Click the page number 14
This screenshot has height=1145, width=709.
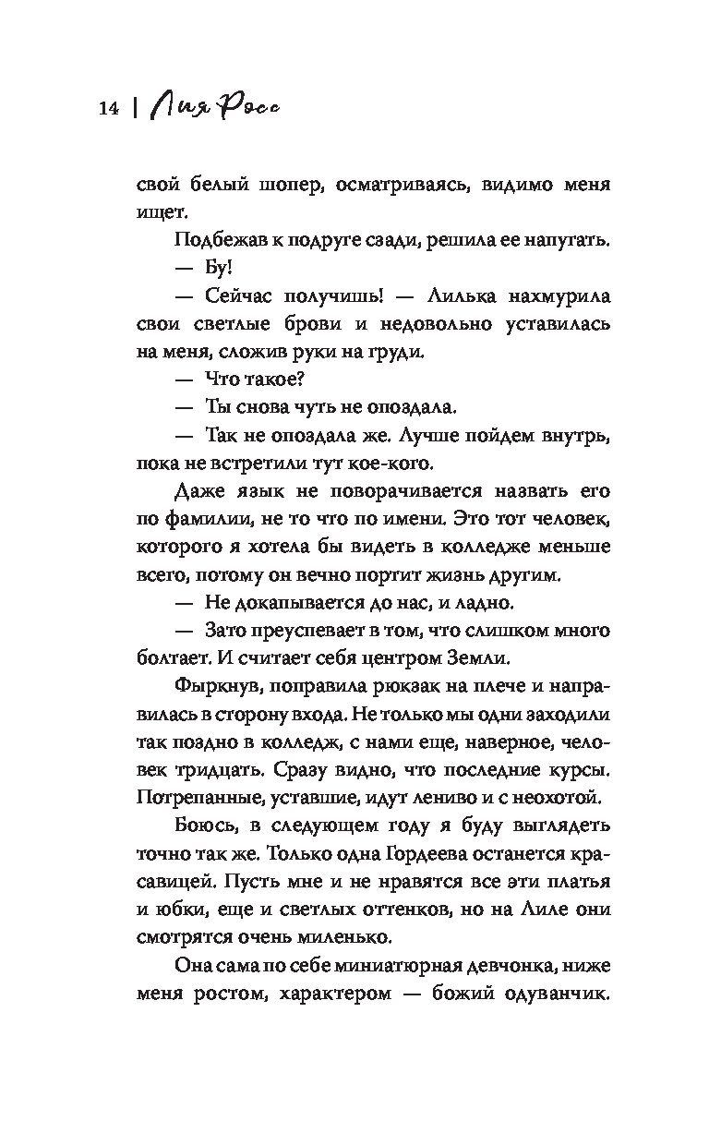pyautogui.click(x=107, y=109)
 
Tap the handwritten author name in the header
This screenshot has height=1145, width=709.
pyautogui.click(x=216, y=105)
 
